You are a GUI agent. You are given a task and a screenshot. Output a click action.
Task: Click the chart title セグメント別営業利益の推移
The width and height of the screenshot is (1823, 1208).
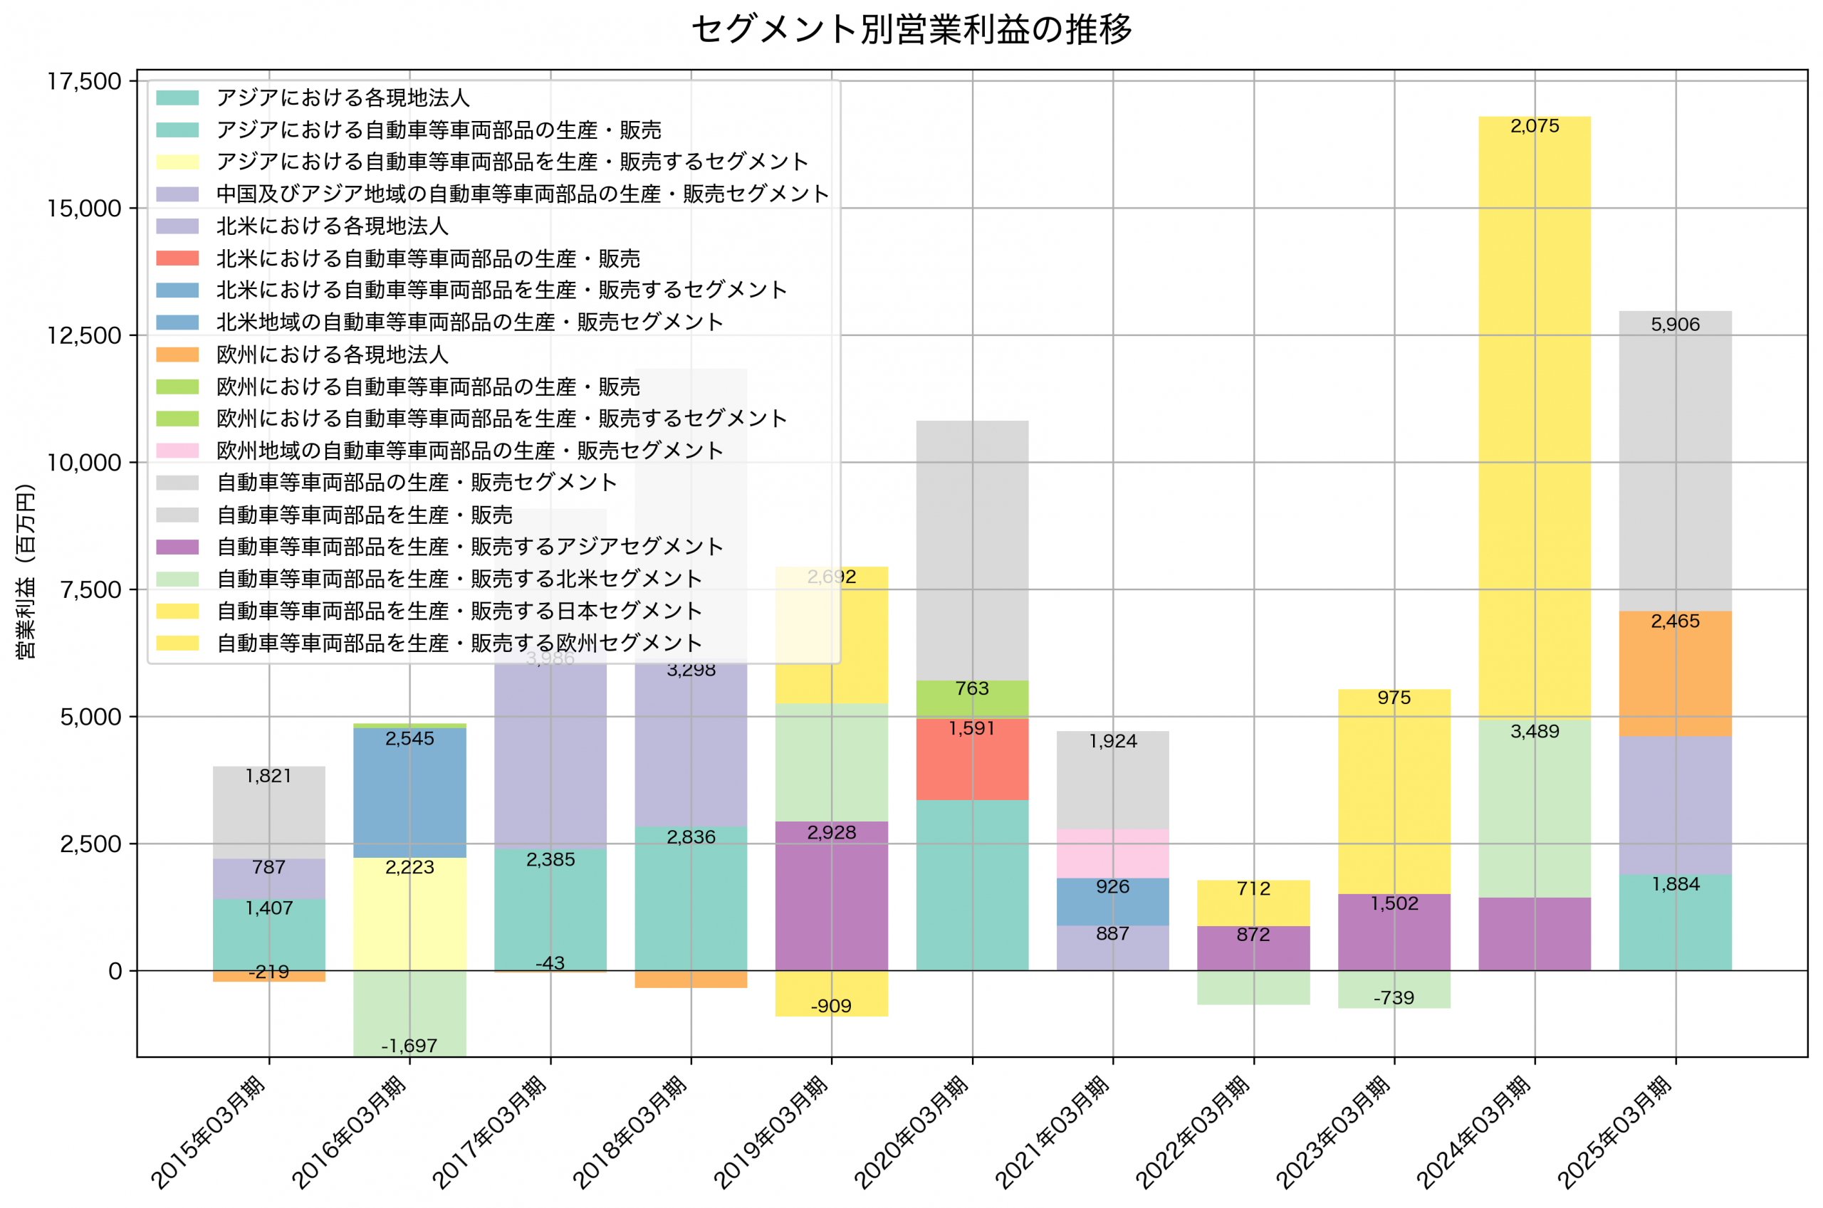point(911,29)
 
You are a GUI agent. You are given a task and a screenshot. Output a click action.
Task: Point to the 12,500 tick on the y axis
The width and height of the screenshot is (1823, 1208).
point(84,336)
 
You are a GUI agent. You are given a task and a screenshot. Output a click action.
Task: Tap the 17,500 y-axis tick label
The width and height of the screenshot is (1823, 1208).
point(84,82)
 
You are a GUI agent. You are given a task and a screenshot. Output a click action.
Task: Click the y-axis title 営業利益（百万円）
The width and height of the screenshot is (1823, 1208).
point(26,571)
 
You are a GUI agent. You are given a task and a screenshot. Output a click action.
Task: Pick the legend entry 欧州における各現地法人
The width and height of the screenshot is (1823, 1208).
point(332,354)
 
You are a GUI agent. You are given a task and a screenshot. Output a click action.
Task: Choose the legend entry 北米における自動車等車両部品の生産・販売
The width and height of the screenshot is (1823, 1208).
point(428,258)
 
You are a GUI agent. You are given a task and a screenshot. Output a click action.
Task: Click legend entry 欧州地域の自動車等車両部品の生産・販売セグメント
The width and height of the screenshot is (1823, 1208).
point(469,450)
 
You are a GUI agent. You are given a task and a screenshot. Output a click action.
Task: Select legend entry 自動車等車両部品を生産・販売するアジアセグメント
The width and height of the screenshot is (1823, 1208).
point(469,546)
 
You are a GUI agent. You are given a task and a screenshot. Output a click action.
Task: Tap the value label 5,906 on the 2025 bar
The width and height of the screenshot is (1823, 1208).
point(1674,325)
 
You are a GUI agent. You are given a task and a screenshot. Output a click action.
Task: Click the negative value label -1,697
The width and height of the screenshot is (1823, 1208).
point(409,1046)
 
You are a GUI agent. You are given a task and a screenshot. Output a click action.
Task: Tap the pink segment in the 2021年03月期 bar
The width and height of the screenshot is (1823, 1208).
point(1112,854)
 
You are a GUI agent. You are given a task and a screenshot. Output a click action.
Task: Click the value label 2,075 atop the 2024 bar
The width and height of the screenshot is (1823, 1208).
point(1534,126)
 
